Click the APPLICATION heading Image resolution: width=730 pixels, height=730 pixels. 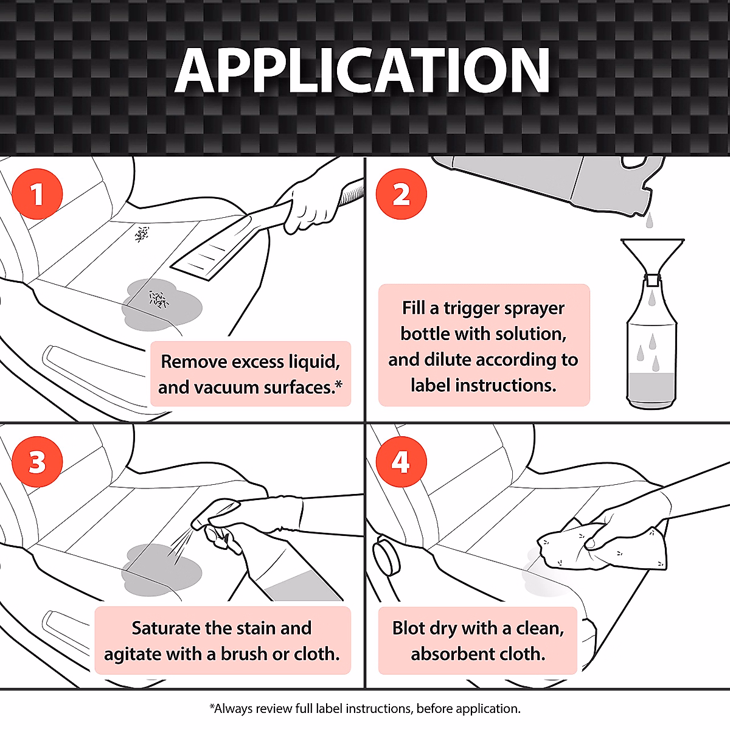[x=363, y=71]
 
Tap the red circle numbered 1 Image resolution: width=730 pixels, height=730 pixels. [x=37, y=194]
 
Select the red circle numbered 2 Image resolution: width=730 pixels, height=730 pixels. [x=401, y=194]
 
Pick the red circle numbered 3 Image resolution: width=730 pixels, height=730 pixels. [x=37, y=462]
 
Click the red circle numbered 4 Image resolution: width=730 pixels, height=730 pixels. [x=401, y=462]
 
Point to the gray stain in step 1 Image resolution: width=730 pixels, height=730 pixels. [x=162, y=305]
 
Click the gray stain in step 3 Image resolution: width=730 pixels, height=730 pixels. [x=162, y=569]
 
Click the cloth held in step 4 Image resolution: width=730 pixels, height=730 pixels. [x=602, y=549]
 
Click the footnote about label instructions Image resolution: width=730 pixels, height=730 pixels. [x=365, y=708]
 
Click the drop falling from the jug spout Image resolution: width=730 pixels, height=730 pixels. [x=649, y=220]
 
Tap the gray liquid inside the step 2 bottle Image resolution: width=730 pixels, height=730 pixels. [x=651, y=389]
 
